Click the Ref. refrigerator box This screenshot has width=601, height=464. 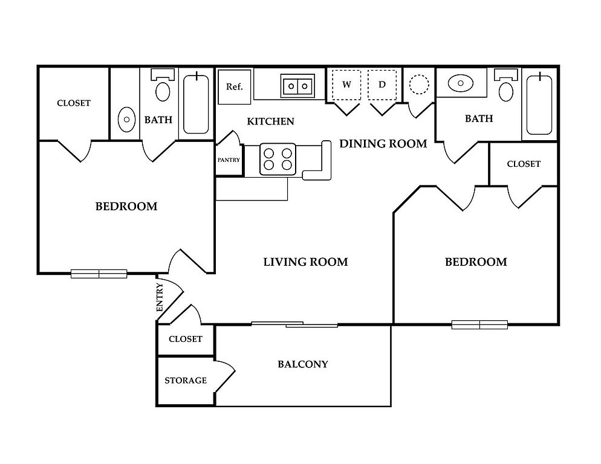click(x=234, y=87)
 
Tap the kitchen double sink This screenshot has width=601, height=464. click(x=297, y=86)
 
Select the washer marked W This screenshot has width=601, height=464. click(x=346, y=85)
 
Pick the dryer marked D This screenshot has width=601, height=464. click(x=382, y=85)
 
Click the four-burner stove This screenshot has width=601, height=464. click(x=278, y=158)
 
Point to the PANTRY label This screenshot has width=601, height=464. click(x=229, y=160)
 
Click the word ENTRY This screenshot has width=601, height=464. click(x=160, y=297)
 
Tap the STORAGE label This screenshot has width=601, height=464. click(x=186, y=381)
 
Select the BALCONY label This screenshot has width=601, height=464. click(x=303, y=364)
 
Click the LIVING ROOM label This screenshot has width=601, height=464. click(x=305, y=262)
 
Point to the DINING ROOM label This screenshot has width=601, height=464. click(x=383, y=144)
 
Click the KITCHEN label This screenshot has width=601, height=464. click(x=271, y=121)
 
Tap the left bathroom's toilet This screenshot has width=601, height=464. click(x=163, y=87)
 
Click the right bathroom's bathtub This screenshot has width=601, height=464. click(x=539, y=104)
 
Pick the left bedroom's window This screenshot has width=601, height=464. click(x=99, y=274)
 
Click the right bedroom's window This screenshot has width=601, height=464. click(x=479, y=325)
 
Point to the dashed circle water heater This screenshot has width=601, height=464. click(x=418, y=83)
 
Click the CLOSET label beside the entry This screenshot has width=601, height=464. click(x=186, y=339)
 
